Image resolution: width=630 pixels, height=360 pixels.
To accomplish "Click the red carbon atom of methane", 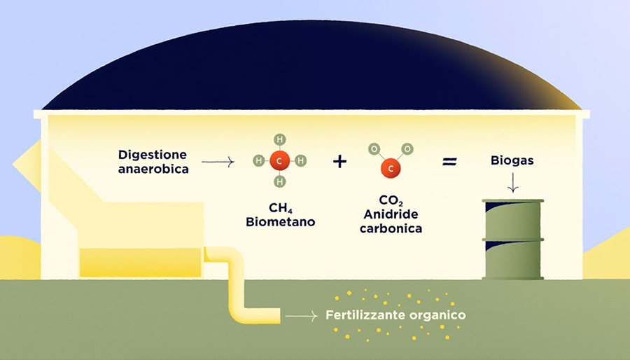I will [x=279, y=161].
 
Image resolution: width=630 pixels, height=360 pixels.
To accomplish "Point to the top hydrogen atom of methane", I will [x=279, y=139].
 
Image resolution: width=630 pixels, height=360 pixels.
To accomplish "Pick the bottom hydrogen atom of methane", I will [x=279, y=183].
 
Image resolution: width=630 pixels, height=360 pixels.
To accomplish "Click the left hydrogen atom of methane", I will [x=258, y=161].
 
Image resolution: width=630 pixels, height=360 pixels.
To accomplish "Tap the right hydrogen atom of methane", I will [x=301, y=161].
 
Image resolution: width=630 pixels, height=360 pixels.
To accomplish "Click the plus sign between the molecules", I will [x=339, y=162].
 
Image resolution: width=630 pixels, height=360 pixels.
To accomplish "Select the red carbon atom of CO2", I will [x=391, y=168].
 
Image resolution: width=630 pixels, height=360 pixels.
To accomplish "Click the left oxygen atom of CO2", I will [x=375, y=148].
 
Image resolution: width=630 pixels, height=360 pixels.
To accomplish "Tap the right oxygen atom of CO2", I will [x=407, y=148].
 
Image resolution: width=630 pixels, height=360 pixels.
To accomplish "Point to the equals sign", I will [x=449, y=162].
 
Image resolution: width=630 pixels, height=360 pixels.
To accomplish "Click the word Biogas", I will [x=512, y=161].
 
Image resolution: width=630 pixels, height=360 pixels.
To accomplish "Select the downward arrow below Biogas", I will [x=512, y=183].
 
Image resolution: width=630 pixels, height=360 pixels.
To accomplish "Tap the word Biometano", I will [x=280, y=223].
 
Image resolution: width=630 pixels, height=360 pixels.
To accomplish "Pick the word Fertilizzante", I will [x=363, y=315].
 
